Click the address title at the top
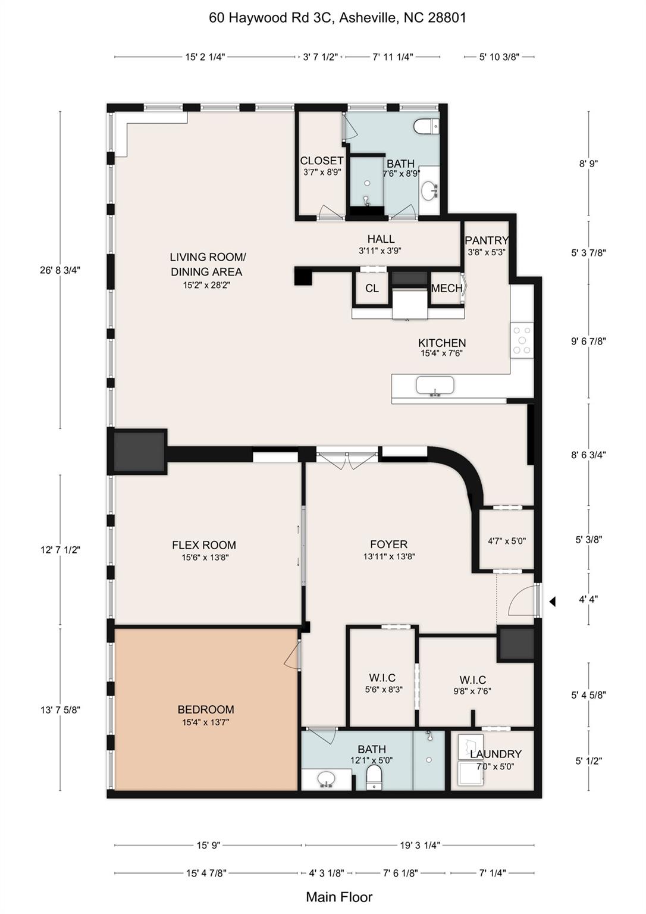pyautogui.click(x=337, y=18)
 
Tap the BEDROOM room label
pyautogui.click(x=206, y=709)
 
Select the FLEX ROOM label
pyautogui.click(x=204, y=545)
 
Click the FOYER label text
pyautogui.click(x=388, y=544)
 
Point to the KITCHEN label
pyautogui.click(x=441, y=343)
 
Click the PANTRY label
pyautogui.click(x=486, y=240)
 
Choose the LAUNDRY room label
pyautogui.click(x=495, y=755)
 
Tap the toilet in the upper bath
pyautogui.click(x=426, y=126)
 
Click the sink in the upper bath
pyautogui.click(x=429, y=192)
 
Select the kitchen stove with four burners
pyautogui.click(x=522, y=340)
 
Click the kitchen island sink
pyautogui.click(x=434, y=386)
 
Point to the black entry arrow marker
pyautogui.click(x=552, y=602)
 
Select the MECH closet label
pyautogui.click(x=446, y=289)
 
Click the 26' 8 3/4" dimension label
pyautogui.click(x=59, y=270)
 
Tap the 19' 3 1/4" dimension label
pyautogui.click(x=419, y=845)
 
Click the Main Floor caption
pyautogui.click(x=339, y=897)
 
